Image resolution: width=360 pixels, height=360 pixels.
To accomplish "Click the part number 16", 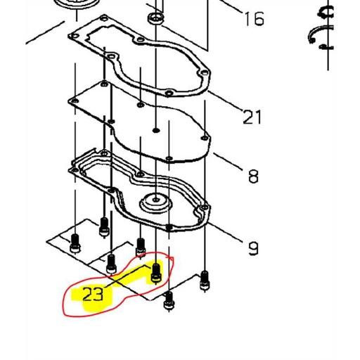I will pyautogui.click(x=254, y=18).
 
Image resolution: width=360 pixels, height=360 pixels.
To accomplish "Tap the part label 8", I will pyautogui.click(x=253, y=175).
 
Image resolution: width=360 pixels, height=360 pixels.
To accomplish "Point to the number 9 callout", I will pyautogui.click(x=253, y=247).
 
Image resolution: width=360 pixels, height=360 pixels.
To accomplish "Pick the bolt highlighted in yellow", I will pyautogui.click(x=157, y=271).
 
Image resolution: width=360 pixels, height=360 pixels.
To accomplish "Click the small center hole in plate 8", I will pyautogui.click(x=155, y=131).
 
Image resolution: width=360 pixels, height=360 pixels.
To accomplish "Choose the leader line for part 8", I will pyautogui.click(x=229, y=161).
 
